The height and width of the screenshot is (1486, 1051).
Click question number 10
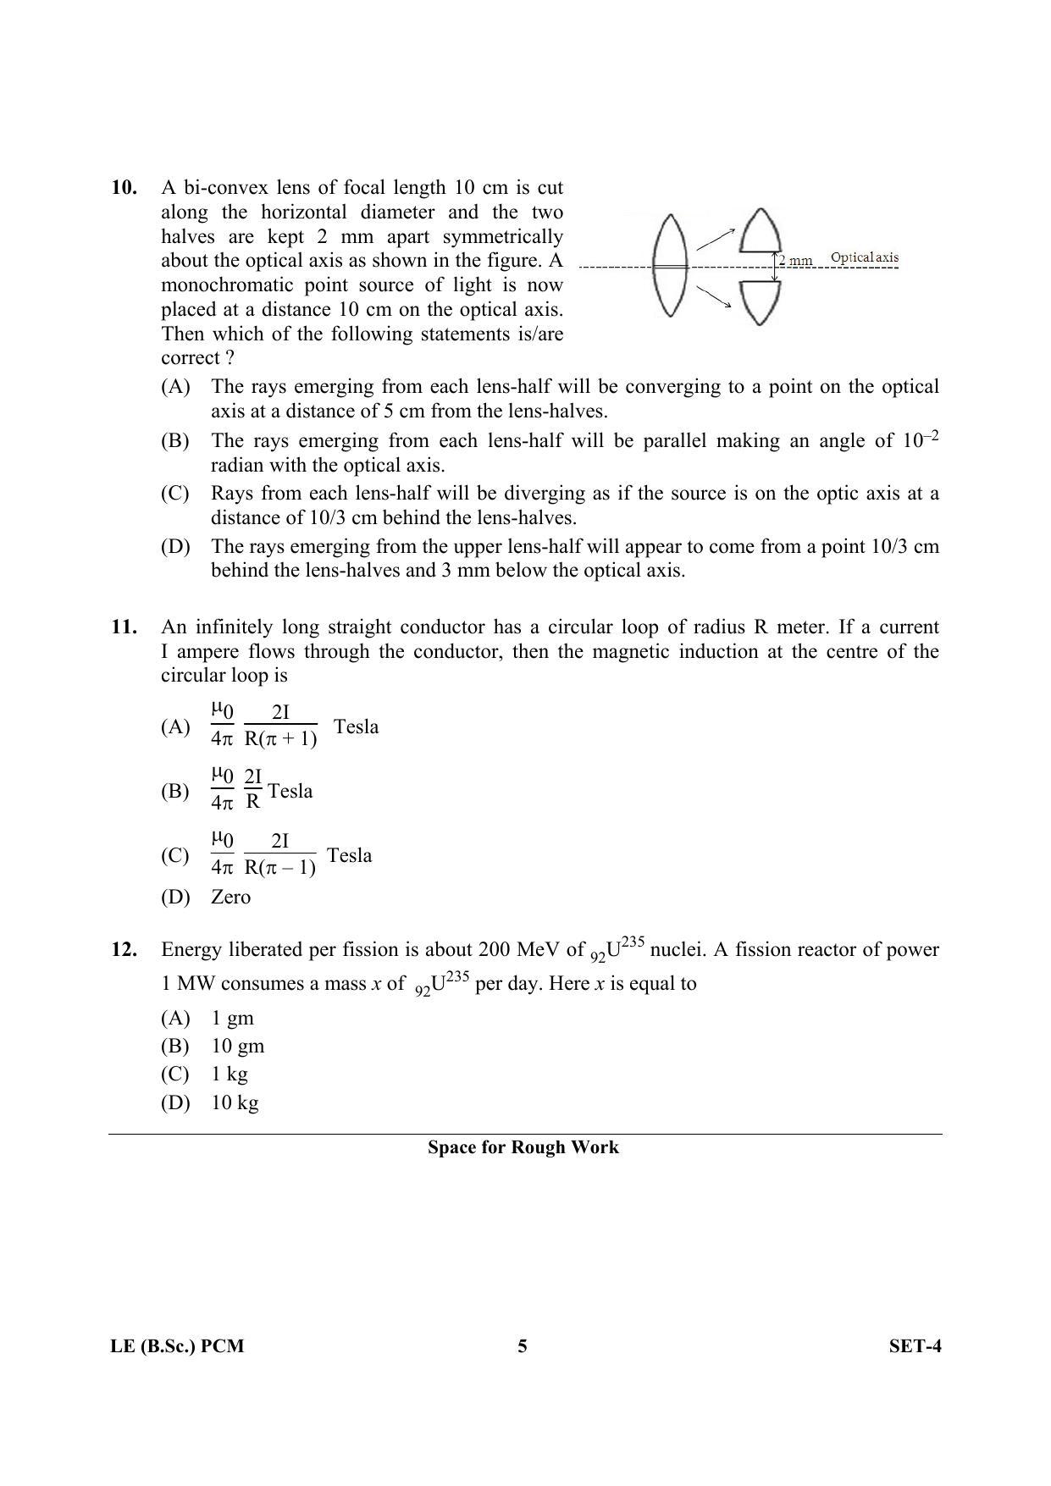click(124, 187)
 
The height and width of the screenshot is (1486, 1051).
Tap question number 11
click(124, 627)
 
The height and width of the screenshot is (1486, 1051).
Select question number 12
click(124, 949)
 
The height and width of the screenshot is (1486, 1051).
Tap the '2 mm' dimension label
click(796, 261)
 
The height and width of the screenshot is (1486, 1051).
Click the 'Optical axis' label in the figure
click(864, 257)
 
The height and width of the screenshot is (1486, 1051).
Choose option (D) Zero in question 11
click(230, 897)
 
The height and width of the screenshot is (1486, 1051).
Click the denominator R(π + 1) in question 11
click(280, 738)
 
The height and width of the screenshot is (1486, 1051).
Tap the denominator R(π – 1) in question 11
click(280, 868)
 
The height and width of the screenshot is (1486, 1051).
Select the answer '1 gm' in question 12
click(232, 1018)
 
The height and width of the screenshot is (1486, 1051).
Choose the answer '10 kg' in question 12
click(235, 1102)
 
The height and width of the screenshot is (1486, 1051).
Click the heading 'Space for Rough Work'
click(523, 1147)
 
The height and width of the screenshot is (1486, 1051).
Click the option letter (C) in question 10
click(175, 494)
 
